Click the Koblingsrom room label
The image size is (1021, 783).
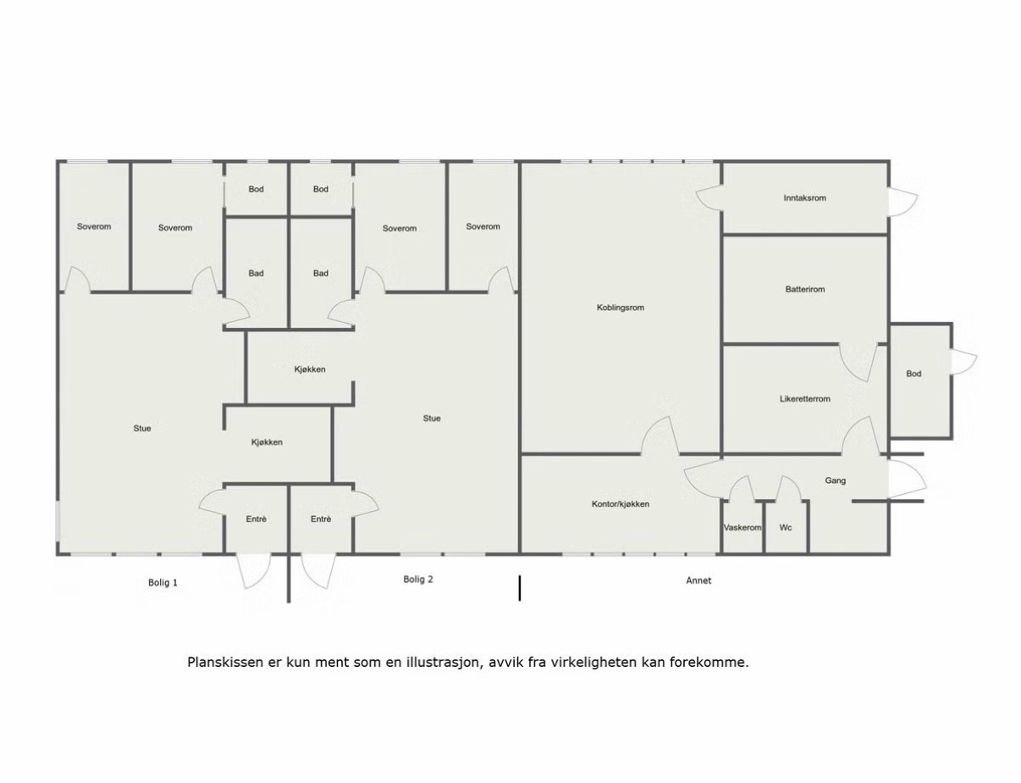click(x=621, y=308)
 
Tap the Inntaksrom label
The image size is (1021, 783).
click(x=804, y=198)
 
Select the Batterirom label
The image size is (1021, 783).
click(x=805, y=289)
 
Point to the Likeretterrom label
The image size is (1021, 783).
click(x=805, y=399)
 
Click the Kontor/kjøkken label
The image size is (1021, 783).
click(x=621, y=504)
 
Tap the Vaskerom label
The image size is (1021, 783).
click(x=742, y=528)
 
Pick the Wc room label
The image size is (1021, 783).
click(x=786, y=528)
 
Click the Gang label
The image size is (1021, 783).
click(x=836, y=480)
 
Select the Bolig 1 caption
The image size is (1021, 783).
click(x=163, y=583)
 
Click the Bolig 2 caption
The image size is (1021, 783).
click(x=417, y=580)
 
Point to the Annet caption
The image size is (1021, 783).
click(x=698, y=580)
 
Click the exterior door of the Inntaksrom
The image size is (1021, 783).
click(x=902, y=203)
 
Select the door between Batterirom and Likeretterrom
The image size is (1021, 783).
click(x=858, y=362)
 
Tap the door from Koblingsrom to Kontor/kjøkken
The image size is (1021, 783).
click(x=660, y=436)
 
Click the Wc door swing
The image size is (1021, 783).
click(x=788, y=488)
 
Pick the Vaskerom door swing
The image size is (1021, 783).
click(x=742, y=488)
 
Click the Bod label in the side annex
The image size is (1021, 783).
click(x=913, y=374)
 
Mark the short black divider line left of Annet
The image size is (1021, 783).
click(x=520, y=588)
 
